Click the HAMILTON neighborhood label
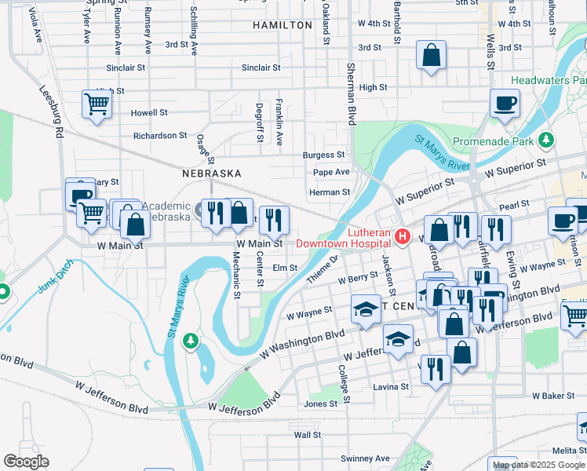pyautogui.click(x=283, y=25)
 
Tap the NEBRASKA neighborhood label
pyautogui.click(x=211, y=173)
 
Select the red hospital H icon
pyautogui.click(x=403, y=235)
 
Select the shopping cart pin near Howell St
pyautogui.click(x=97, y=104)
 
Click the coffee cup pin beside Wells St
pyautogui.click(x=505, y=103)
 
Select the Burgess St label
pyautogui.click(x=324, y=155)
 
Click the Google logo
pyautogui.click(x=27, y=461)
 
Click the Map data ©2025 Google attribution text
pyautogui.click(x=538, y=465)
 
